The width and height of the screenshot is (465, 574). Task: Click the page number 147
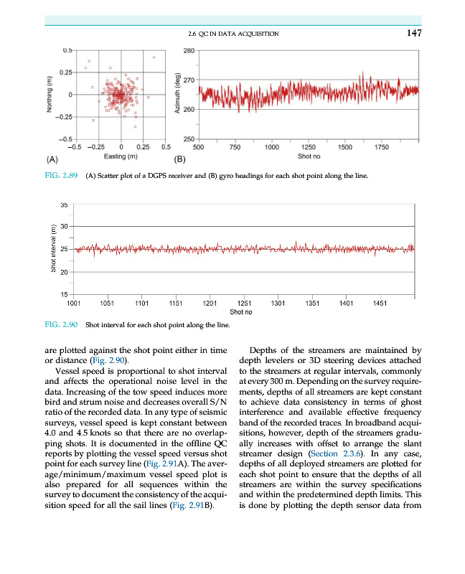412,33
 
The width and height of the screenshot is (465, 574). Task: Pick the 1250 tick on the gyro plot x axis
309,147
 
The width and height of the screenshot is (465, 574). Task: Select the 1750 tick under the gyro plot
382,147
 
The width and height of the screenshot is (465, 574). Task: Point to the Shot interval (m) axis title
52,249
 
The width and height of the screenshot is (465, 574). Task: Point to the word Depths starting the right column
264,350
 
